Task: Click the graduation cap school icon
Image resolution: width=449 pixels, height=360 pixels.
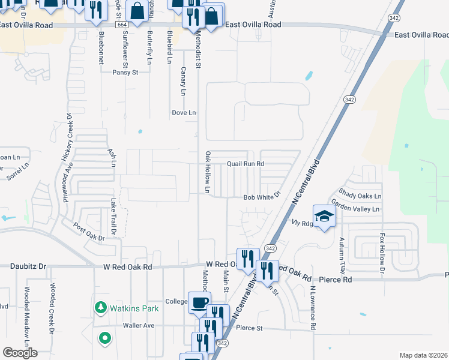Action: click(324, 216)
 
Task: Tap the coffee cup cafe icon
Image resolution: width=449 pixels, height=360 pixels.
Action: click(199, 302)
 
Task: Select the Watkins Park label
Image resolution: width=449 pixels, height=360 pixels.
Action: click(131, 309)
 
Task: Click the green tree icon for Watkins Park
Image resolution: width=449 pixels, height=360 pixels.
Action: click(100, 309)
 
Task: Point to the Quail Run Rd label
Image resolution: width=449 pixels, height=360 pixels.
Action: click(246, 163)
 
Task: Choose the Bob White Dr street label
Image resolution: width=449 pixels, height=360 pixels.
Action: click(262, 197)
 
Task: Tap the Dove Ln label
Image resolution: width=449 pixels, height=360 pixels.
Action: click(184, 112)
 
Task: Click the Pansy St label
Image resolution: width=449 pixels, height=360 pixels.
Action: click(125, 72)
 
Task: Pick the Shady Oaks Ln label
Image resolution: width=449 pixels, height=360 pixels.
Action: click(360, 196)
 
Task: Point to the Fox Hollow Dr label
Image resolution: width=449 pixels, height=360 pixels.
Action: click(382, 253)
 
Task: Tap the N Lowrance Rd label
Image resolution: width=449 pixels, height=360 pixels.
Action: click(313, 307)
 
